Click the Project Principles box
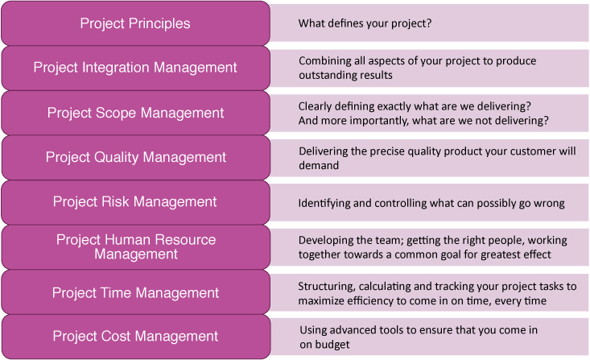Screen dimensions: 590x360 (135, 23)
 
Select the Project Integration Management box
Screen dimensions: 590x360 (135, 68)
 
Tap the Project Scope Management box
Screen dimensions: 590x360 (135, 113)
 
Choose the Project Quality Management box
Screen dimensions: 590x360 (135, 157)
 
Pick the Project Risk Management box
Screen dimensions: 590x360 (135, 202)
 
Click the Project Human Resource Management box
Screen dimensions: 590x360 (135, 246)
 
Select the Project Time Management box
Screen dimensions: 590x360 (135, 292)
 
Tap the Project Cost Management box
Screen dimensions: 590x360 (135, 337)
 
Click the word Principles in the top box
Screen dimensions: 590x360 (159, 23)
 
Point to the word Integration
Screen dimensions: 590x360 (116, 68)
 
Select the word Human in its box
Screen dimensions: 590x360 (128, 239)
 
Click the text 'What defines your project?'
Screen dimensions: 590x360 (365, 23)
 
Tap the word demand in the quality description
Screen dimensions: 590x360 (319, 165)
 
